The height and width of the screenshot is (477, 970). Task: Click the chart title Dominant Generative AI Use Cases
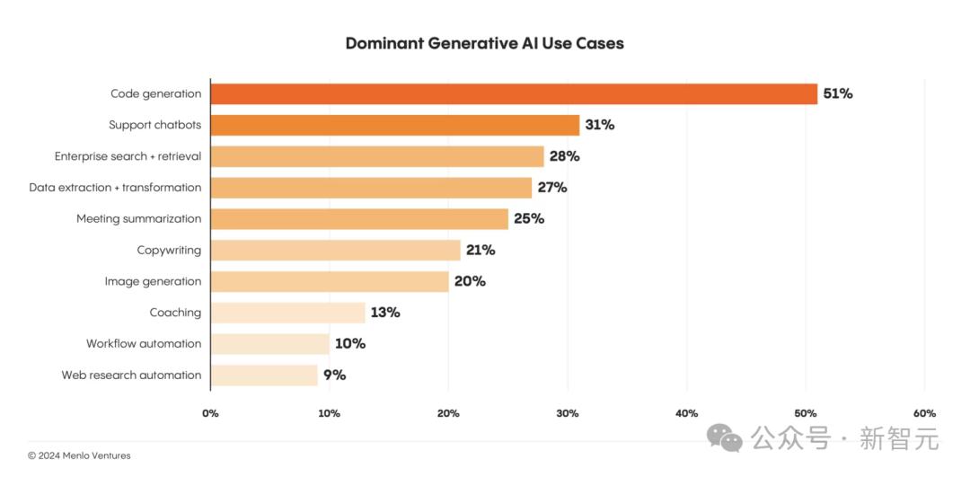(484, 43)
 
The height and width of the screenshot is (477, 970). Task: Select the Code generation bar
(514, 93)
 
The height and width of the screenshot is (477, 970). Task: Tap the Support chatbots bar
(395, 125)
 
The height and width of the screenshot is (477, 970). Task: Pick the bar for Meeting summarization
(359, 218)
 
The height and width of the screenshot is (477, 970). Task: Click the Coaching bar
(288, 313)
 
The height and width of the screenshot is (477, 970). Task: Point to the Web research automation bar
(264, 375)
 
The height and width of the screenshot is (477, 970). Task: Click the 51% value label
(837, 93)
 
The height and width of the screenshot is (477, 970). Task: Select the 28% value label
(564, 156)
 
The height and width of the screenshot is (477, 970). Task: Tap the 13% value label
(385, 313)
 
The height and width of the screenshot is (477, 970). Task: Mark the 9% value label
(334, 375)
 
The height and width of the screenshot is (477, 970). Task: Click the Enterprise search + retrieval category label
(128, 156)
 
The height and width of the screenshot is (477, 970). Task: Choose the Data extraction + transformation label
(115, 188)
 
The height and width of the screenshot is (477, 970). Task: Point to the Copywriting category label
(169, 250)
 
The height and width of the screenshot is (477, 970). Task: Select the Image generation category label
(153, 281)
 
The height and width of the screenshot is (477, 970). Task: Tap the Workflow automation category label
(144, 344)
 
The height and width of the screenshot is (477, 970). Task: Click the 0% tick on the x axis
(210, 413)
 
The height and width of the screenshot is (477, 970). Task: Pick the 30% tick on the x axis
(567, 413)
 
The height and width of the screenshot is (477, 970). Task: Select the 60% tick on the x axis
(924, 413)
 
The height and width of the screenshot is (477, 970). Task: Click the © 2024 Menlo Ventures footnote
(79, 455)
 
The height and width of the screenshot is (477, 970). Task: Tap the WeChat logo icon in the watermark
(725, 437)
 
